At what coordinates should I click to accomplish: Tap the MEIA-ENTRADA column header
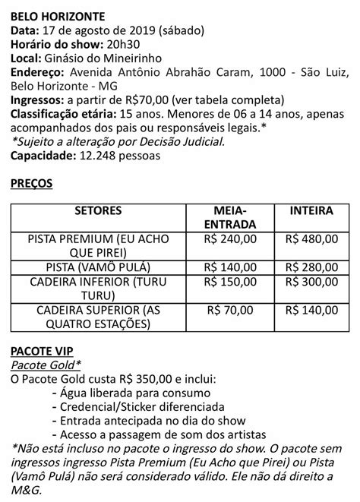click(233, 216)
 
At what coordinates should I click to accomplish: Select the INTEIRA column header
click(314, 210)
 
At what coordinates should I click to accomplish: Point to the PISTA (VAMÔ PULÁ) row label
click(103, 267)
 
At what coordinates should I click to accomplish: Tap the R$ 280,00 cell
click(314, 267)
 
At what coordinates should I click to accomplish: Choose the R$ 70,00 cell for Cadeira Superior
click(233, 311)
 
